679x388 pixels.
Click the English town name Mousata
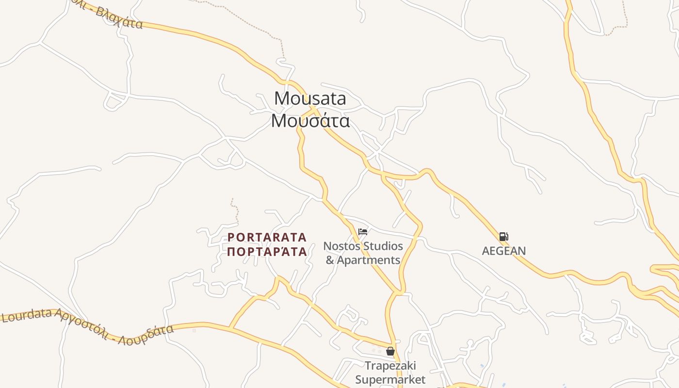[310, 98]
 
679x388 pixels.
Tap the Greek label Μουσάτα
[310, 121]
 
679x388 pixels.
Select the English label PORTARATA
[267, 237]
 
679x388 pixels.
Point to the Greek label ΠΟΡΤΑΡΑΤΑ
[267, 252]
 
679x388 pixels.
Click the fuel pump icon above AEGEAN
[503, 237]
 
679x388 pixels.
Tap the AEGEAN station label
[503, 251]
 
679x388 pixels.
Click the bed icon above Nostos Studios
[362, 232]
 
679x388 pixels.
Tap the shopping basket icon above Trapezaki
[390, 351]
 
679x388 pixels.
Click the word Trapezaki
[390, 365]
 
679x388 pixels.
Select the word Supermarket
[390, 379]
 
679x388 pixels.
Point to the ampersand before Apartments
[330, 260]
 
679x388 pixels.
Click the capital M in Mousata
[282, 98]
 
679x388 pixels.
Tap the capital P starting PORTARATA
[231, 237]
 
